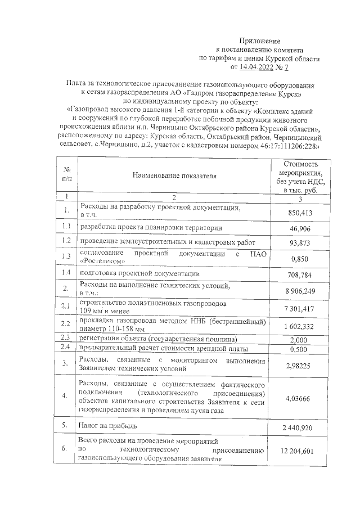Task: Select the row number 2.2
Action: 66,325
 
